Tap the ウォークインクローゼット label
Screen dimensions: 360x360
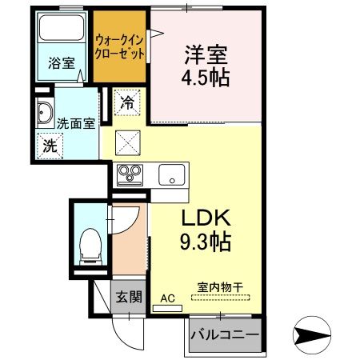coord(120,46)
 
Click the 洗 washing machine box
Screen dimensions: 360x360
coord(50,146)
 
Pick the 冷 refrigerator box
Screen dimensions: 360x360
coord(126,102)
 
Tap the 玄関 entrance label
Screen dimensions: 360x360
coord(128,297)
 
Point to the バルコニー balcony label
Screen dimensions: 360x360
coord(226,335)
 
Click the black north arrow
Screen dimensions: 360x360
coord(314,332)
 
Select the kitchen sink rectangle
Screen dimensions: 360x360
coord(171,174)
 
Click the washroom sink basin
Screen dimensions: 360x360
coord(43,114)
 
